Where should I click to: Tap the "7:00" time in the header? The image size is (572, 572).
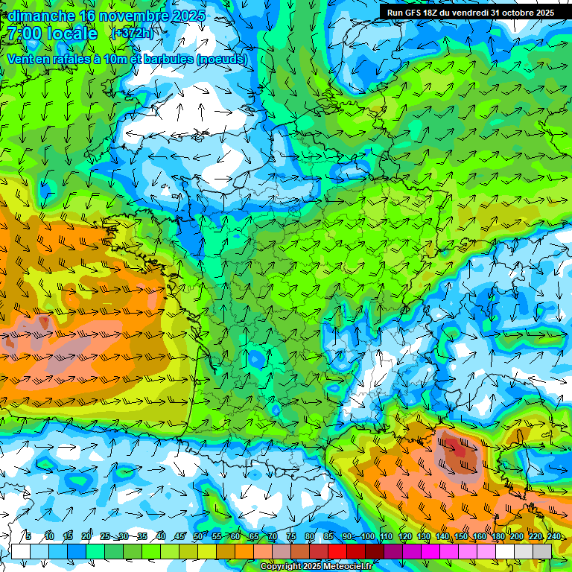[x=27, y=34]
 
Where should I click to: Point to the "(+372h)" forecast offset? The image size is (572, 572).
[x=131, y=34]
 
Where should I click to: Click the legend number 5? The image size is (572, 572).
[x=28, y=537]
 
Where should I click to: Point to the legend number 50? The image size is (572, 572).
[x=198, y=537]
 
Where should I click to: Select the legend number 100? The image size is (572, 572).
[x=368, y=537]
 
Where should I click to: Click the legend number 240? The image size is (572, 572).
[x=554, y=537]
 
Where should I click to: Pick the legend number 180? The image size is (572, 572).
[x=498, y=537]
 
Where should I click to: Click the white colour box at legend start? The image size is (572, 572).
[x=20, y=551]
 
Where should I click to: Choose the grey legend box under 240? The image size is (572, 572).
[x=542, y=551]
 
